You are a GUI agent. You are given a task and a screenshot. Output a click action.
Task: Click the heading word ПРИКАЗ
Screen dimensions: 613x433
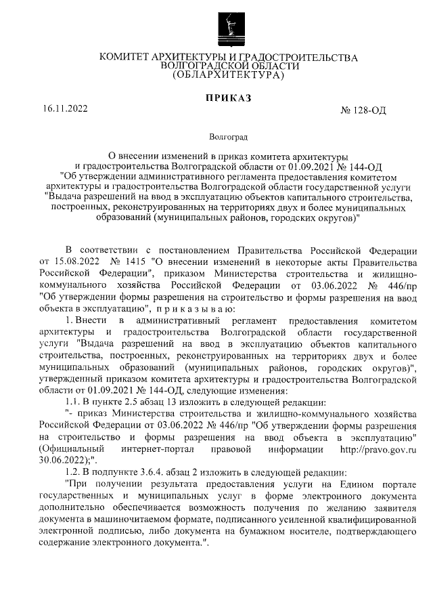pos(228,98)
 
